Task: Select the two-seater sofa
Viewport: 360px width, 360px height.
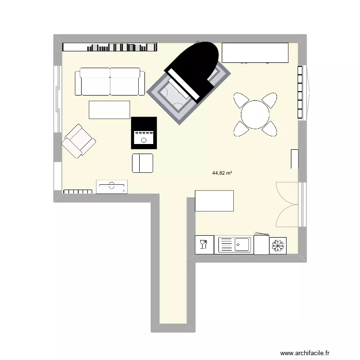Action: point(110,82)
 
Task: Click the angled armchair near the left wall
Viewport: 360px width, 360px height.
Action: point(79,141)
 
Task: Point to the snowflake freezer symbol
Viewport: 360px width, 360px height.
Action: point(278,245)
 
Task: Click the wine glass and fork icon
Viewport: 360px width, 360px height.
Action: point(203,245)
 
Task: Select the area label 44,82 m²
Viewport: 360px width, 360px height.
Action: point(222,174)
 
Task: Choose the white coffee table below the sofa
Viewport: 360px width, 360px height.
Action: point(109,110)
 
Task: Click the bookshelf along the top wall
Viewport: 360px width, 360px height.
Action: point(110,47)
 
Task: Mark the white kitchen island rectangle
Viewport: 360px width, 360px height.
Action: point(215,201)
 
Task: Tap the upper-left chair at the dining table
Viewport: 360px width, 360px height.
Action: point(241,100)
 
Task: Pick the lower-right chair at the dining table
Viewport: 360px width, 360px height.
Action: point(270,128)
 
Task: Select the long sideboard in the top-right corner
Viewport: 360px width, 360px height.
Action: point(255,53)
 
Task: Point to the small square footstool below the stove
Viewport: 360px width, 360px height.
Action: point(143,163)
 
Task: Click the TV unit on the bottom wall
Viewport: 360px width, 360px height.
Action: point(112,186)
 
